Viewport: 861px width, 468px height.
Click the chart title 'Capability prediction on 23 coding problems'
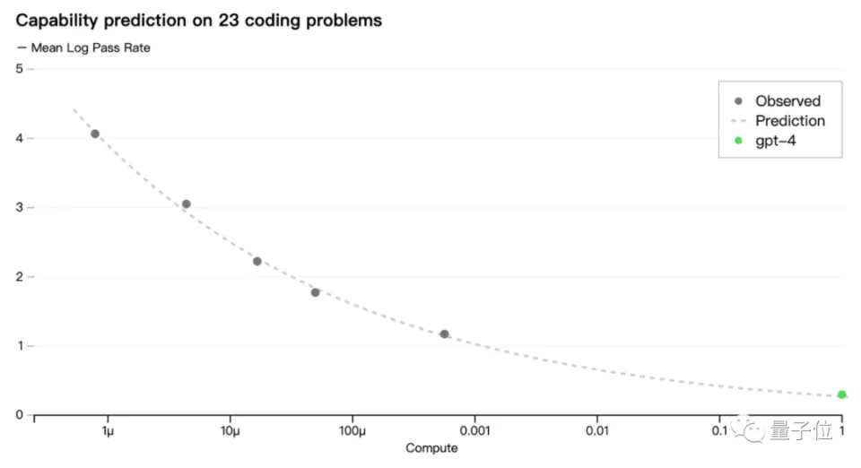198,20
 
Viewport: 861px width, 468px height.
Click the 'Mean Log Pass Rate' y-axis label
90,48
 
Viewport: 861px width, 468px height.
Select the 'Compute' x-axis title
431,448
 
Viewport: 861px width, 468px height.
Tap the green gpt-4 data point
841,394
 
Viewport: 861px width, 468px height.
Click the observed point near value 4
95,134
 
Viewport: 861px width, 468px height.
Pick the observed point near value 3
187,204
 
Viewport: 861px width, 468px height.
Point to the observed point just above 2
257,262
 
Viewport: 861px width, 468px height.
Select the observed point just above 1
445,334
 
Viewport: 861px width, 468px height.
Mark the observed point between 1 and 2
316,293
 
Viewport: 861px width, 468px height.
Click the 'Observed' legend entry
787,101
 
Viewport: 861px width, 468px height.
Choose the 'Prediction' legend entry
789,121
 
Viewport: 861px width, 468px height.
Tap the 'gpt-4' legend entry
775,141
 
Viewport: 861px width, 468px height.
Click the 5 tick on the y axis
19,69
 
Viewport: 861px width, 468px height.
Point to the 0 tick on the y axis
19,415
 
